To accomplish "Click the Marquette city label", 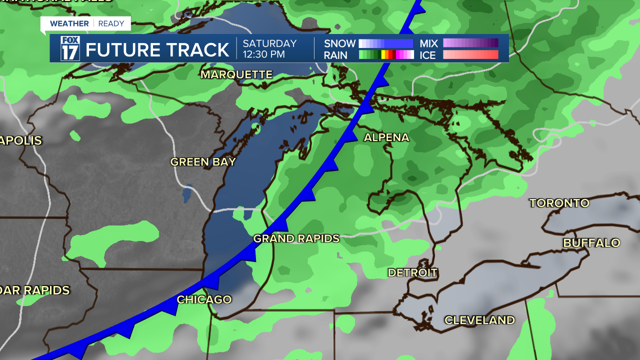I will click(236, 74).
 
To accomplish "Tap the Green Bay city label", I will click(203, 162).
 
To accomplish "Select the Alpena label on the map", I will click(386, 137).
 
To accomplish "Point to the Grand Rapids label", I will click(296, 238).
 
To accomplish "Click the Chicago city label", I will click(204, 299).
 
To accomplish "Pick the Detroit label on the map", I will click(412, 273).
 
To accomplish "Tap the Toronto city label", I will click(559, 203).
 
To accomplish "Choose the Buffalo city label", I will click(591, 243).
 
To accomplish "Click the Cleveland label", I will click(479, 320).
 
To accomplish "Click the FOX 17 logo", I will click(70, 48).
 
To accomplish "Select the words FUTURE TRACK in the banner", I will click(157, 50).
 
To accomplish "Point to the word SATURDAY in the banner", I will click(270, 43).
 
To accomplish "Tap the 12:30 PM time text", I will click(264, 54).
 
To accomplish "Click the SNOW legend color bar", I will click(386, 43).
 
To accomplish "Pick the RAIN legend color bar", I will click(386, 55).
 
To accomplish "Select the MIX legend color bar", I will click(470, 43).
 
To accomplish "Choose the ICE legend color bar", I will click(470, 55).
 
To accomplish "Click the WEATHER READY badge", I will click(85, 23).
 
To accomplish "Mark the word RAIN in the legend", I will click(335, 55).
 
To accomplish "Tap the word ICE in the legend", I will click(428, 55).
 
